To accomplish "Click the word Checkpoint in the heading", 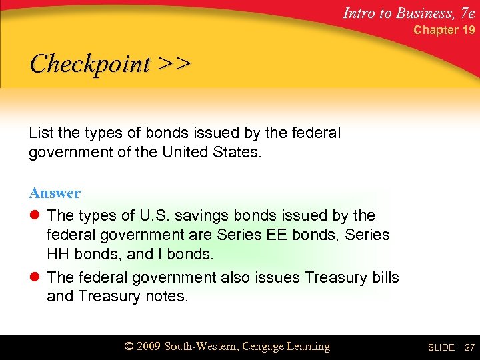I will [x=90, y=65].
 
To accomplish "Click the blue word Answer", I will [x=55, y=193].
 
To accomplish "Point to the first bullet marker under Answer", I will [x=34, y=216].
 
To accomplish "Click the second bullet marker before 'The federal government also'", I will [x=34, y=277].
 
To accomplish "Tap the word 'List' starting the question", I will [x=41, y=133].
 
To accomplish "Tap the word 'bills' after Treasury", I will [x=382, y=277].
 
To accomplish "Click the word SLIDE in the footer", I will [x=441, y=348].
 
